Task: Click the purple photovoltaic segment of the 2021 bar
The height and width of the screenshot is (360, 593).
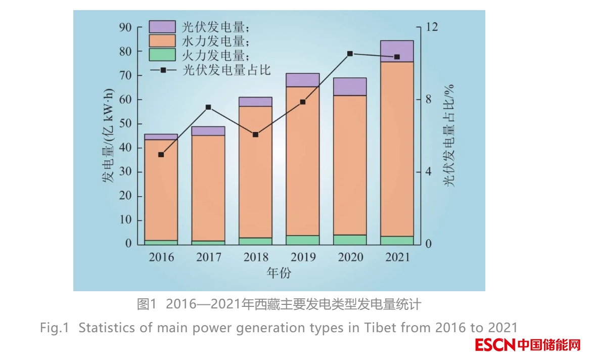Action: point(397,51)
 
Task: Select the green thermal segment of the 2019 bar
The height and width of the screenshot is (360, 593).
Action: point(302,240)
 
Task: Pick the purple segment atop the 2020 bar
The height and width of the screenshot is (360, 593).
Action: point(350,86)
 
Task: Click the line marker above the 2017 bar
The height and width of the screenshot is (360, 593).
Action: point(208,107)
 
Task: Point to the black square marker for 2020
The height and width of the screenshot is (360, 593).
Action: point(350,54)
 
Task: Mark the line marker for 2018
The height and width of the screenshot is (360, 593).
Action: point(255,134)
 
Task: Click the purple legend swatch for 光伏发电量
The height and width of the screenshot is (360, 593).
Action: point(162,27)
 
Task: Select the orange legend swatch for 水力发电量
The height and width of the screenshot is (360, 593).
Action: point(162,40)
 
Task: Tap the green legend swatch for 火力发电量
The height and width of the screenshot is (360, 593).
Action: point(162,55)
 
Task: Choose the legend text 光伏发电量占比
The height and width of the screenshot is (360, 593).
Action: point(227,69)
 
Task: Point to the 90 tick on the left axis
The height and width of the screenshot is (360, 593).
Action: point(125,27)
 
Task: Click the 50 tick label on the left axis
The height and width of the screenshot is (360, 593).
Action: point(125,124)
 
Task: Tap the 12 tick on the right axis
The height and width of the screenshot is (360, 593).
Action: point(431,27)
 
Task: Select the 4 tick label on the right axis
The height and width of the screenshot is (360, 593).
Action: point(428,172)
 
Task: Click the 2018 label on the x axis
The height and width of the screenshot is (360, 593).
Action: point(255,257)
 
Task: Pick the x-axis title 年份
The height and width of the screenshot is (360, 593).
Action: point(279,274)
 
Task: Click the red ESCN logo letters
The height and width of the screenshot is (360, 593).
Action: point(495,346)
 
